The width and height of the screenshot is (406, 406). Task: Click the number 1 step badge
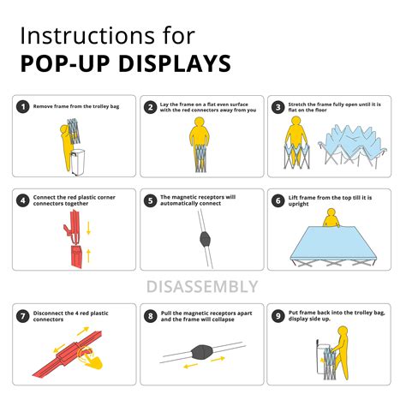pos(24,107)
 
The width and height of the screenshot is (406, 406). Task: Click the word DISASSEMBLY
pos(203,285)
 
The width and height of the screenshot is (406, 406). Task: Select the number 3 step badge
pos(278,107)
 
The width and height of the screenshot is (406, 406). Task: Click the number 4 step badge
pos(24,201)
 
